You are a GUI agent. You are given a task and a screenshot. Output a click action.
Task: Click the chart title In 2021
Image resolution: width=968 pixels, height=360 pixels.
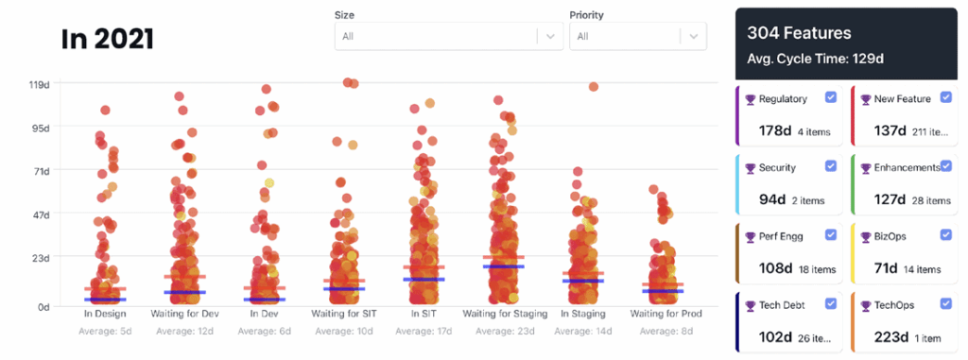[x=107, y=39]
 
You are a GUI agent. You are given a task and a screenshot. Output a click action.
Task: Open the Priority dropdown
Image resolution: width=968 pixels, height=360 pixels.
[x=637, y=36]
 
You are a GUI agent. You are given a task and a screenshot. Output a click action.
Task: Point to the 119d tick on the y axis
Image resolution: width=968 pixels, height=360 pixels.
[x=39, y=84]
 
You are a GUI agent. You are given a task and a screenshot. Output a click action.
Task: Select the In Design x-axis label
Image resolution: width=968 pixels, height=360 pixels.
[x=105, y=313]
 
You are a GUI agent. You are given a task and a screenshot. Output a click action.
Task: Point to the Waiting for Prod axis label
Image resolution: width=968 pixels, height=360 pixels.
[x=662, y=313]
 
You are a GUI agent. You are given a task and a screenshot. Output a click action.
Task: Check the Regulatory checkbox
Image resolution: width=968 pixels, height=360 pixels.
[x=830, y=97]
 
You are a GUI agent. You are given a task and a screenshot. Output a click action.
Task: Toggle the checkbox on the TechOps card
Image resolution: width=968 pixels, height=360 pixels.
[x=946, y=304]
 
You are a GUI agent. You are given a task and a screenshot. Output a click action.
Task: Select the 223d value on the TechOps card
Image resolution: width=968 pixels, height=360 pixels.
[x=890, y=337]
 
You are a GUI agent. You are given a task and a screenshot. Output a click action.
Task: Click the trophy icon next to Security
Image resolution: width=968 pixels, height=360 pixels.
[x=749, y=167]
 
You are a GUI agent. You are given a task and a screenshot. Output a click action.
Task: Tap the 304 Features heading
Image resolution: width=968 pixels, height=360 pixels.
[x=799, y=33]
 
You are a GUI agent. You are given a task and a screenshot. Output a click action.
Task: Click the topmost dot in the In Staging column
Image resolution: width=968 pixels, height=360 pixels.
[x=594, y=87]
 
